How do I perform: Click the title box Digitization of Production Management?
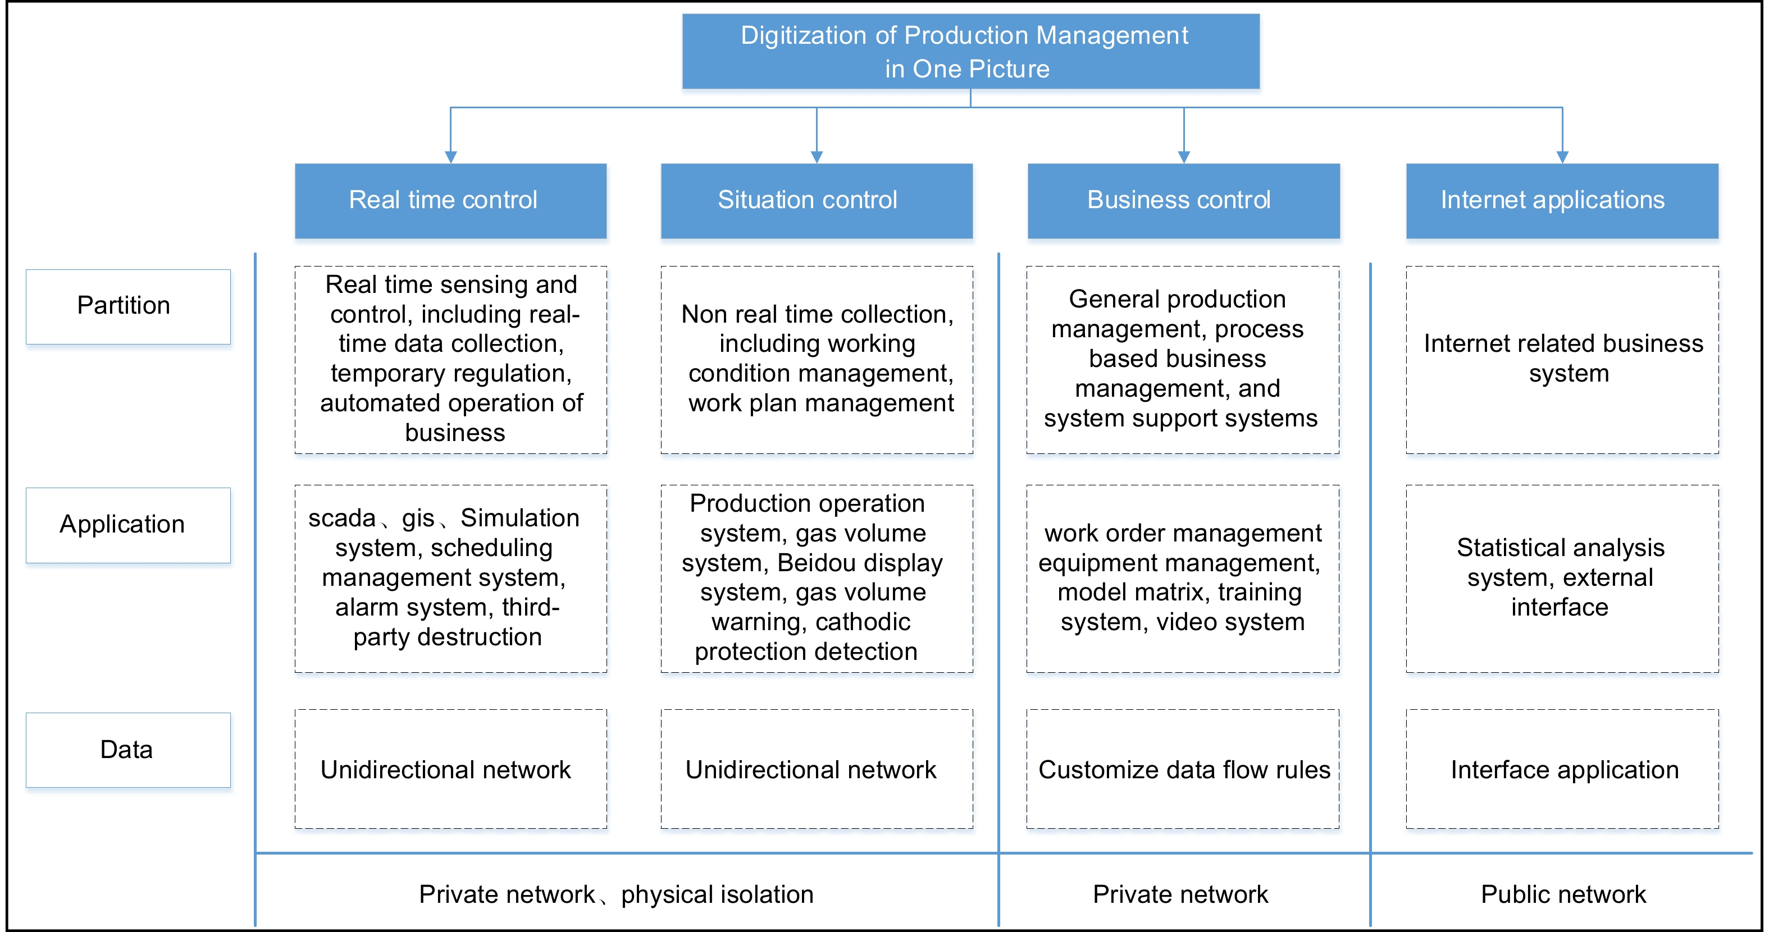[x=970, y=52]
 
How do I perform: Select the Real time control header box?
[x=450, y=200]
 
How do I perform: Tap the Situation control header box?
[x=817, y=200]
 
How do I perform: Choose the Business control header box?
[x=1183, y=200]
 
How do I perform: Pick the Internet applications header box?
[x=1562, y=200]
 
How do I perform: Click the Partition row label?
[x=127, y=306]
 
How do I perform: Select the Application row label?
[x=127, y=525]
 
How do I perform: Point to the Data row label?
[x=127, y=750]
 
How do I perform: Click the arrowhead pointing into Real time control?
[x=450, y=157]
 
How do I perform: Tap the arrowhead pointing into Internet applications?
[x=1562, y=157]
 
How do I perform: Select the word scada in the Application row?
[x=341, y=518]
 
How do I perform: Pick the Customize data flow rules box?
[x=1183, y=769]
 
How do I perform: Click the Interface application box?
[x=1562, y=769]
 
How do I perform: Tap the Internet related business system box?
[x=1562, y=359]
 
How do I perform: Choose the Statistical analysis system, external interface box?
[x=1562, y=578]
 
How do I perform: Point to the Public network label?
[x=1563, y=894]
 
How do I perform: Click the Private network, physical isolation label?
[x=616, y=894]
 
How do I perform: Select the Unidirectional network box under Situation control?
[x=817, y=769]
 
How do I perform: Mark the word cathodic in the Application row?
[x=863, y=622]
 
